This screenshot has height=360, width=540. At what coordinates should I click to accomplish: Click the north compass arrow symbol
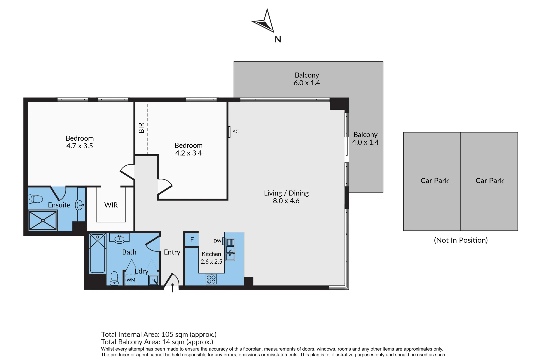(x=264, y=22)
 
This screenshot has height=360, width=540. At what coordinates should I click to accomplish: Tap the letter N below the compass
(x=278, y=39)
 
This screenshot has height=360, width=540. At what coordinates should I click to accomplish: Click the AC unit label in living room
(x=235, y=132)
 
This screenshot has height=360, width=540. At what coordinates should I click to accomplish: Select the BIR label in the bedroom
(x=141, y=128)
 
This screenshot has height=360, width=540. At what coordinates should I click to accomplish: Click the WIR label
(x=111, y=205)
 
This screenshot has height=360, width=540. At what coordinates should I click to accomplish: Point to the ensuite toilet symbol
(x=35, y=199)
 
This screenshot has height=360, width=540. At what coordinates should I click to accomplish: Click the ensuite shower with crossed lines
(x=43, y=221)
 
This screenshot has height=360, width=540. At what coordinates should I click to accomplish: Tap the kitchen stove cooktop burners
(x=211, y=279)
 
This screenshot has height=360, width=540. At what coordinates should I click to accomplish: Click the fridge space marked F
(x=192, y=240)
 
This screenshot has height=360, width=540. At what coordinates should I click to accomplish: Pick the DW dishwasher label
(x=217, y=241)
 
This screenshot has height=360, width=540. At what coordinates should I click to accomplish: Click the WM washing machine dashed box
(x=131, y=280)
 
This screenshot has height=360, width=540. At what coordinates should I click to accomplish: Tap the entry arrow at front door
(x=172, y=287)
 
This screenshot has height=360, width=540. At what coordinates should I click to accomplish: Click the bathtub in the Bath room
(x=97, y=254)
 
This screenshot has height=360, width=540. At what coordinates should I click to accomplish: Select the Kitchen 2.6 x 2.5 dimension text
(x=211, y=262)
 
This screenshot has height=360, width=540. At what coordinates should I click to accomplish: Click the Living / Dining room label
(x=286, y=193)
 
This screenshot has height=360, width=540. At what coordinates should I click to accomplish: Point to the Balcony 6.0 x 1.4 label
(x=307, y=79)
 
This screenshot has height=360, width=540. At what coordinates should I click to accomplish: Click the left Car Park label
(x=434, y=181)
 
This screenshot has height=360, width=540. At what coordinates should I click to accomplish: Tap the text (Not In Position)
(x=461, y=240)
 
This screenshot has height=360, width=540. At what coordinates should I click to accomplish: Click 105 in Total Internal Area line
(x=167, y=334)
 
